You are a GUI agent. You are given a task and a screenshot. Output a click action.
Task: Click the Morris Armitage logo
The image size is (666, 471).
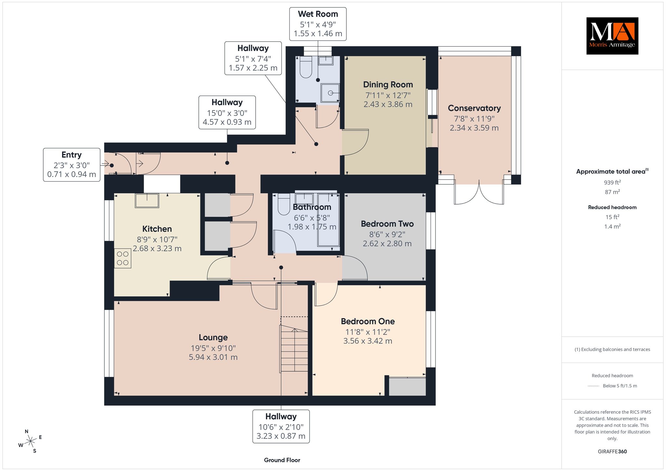[612, 36]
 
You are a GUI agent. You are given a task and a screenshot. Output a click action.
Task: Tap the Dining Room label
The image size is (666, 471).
[388, 85]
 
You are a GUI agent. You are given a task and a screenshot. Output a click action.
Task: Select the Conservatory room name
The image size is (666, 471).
[474, 108]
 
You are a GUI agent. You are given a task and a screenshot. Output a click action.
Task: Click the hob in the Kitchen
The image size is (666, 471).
[123, 258]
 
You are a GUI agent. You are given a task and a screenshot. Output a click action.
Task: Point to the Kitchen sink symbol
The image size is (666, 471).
[147, 200]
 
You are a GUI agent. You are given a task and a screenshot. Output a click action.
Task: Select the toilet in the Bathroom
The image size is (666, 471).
[284, 204]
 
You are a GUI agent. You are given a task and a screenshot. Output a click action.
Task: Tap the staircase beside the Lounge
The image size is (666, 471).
[294, 348]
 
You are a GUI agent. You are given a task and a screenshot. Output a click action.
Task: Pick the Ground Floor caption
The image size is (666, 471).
[282, 460]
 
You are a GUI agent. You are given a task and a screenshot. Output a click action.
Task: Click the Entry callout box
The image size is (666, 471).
[72, 165]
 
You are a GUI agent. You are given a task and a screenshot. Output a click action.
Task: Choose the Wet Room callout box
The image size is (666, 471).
[318, 24]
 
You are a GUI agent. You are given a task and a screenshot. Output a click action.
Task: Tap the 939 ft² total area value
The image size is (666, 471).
[612, 182]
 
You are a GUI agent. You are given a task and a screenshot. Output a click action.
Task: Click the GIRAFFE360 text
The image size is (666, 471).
[612, 451]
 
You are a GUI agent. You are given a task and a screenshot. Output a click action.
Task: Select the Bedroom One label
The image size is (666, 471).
[368, 321]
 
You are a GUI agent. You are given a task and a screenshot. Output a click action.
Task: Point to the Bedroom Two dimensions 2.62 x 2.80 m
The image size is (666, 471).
[387, 244]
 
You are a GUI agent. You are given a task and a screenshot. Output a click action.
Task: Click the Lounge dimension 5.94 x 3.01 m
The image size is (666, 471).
[213, 357]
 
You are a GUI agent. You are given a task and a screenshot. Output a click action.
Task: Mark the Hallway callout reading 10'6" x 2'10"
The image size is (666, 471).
[281, 426]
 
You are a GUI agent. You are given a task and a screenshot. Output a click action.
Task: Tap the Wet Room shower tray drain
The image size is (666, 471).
[330, 93]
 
